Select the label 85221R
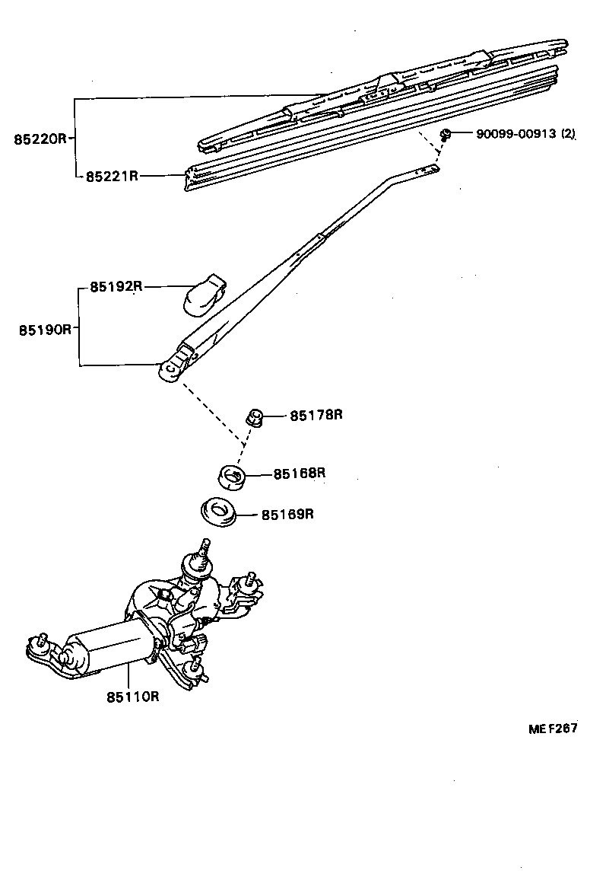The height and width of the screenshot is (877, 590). [111, 176]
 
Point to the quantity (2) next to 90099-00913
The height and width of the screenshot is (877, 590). [567, 134]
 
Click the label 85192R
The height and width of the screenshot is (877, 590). [116, 287]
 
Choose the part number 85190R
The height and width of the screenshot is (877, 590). [45, 330]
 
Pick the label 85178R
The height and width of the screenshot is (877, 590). [316, 415]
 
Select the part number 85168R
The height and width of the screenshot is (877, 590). [300, 473]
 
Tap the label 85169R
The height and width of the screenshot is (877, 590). [287, 514]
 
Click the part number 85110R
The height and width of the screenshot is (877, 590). [132, 695]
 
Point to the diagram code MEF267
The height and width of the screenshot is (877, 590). [554, 729]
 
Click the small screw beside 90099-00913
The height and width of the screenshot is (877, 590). [447, 135]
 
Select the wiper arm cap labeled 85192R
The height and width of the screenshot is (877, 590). [204, 293]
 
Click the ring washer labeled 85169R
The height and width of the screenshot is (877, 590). [219, 512]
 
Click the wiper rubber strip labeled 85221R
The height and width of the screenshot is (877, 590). [365, 129]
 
